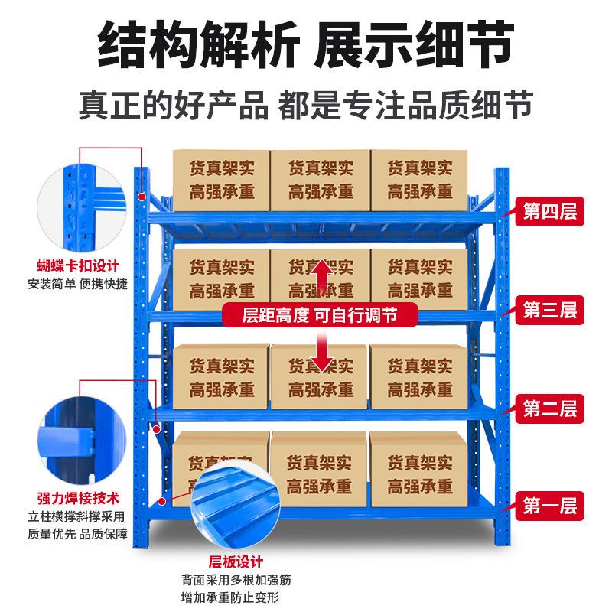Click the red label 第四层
click(549, 211)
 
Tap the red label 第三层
click(549, 310)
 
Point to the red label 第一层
click(549, 506)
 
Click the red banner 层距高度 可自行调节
click(320, 314)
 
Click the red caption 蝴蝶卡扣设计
click(78, 267)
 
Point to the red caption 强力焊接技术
click(78, 498)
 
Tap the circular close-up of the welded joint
click(78, 437)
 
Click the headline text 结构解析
click(194, 45)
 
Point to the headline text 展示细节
click(413, 45)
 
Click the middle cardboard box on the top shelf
click(320, 180)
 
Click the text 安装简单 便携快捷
click(78, 285)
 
